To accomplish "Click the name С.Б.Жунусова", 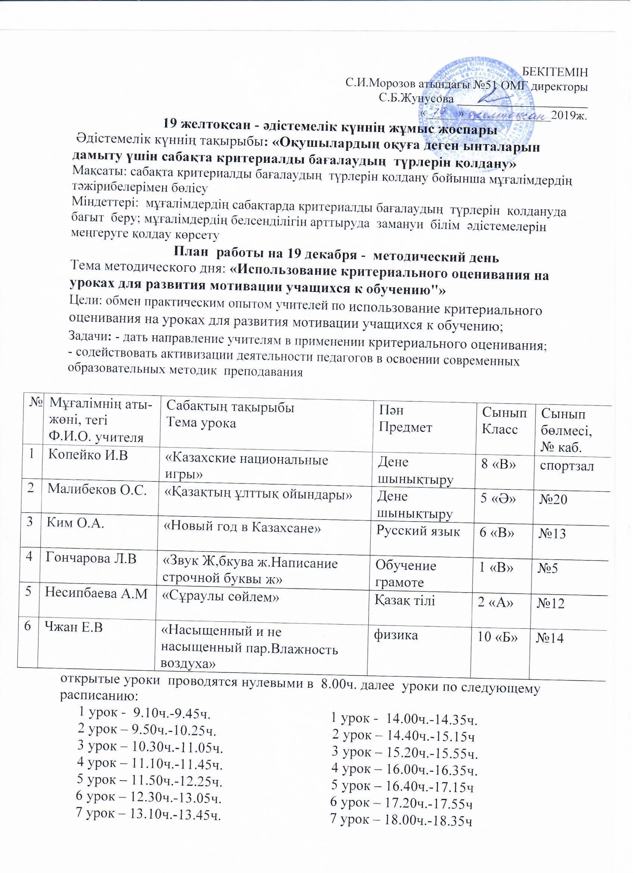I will (415, 98).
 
